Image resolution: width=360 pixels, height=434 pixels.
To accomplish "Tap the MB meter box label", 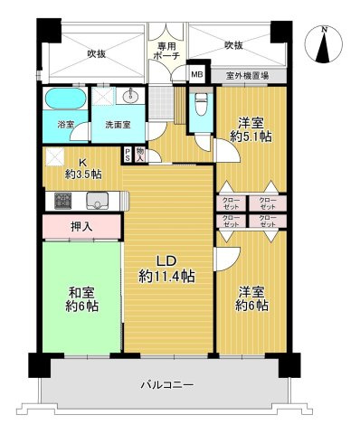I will point(196,75).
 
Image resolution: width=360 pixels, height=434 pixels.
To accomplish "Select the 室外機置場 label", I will point(246,76).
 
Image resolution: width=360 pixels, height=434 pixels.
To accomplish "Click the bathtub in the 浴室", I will point(64,99).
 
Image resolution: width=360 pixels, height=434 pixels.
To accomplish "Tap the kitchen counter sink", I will point(96,201).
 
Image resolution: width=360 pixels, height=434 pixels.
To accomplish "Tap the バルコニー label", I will point(166,385).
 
